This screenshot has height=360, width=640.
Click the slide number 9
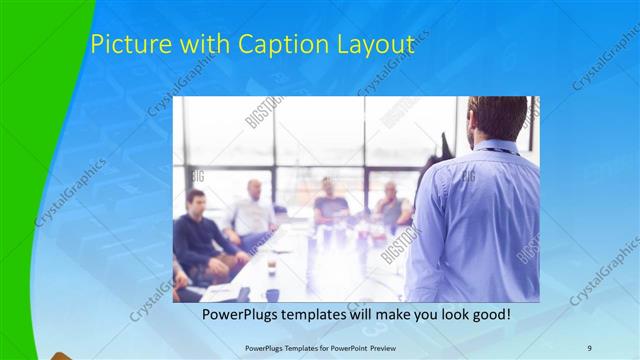pos(589,347)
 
